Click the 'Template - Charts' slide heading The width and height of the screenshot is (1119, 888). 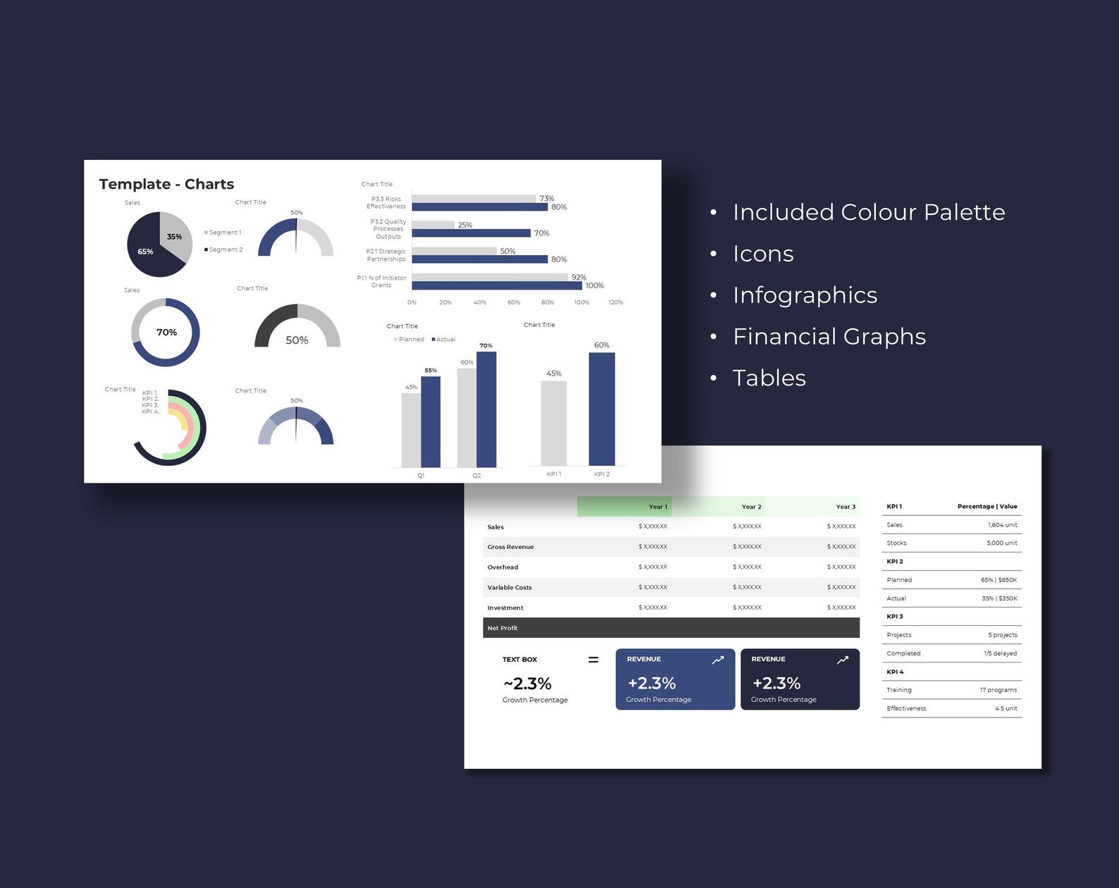point(166,184)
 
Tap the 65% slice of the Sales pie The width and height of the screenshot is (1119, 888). point(149,256)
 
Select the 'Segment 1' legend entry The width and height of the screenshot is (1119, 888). point(225,233)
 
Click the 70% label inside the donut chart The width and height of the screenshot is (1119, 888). point(166,332)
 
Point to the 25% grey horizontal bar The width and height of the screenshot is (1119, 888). point(433,225)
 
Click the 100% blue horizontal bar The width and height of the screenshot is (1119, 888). point(497,285)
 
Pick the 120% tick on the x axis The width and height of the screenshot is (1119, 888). point(615,302)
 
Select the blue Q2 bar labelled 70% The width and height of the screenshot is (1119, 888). point(486,409)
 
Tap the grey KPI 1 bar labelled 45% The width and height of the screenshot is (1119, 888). point(554,423)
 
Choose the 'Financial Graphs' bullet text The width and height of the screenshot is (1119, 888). point(829,336)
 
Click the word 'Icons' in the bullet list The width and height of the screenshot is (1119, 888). point(763,254)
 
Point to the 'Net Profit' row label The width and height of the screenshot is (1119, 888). point(502,628)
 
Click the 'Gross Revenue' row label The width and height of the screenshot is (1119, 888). point(510,547)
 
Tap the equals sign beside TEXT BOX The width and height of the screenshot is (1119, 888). point(593,660)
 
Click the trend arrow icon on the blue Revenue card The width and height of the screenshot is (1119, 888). point(717,660)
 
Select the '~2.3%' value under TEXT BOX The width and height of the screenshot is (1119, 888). point(527,684)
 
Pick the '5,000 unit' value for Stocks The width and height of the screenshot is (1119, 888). point(1001,543)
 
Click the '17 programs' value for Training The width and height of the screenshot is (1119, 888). point(998,690)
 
